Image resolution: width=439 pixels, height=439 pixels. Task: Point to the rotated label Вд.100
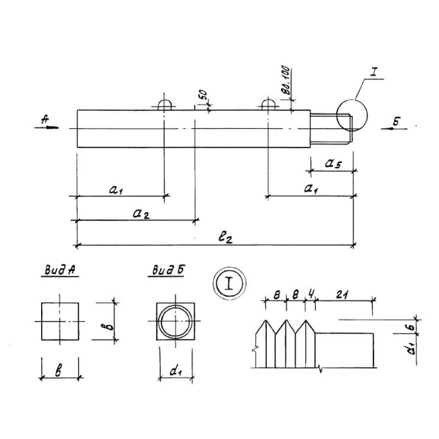click(x=287, y=82)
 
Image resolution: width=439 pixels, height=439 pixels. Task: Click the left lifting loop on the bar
click(x=165, y=105)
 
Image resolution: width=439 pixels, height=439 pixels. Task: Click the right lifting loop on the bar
click(x=268, y=105)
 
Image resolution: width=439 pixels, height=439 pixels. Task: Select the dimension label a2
click(x=140, y=213)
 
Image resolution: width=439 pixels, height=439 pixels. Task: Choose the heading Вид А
click(x=59, y=271)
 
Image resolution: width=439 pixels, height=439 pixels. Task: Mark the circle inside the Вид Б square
click(x=175, y=320)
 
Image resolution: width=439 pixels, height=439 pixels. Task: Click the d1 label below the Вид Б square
click(x=176, y=372)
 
